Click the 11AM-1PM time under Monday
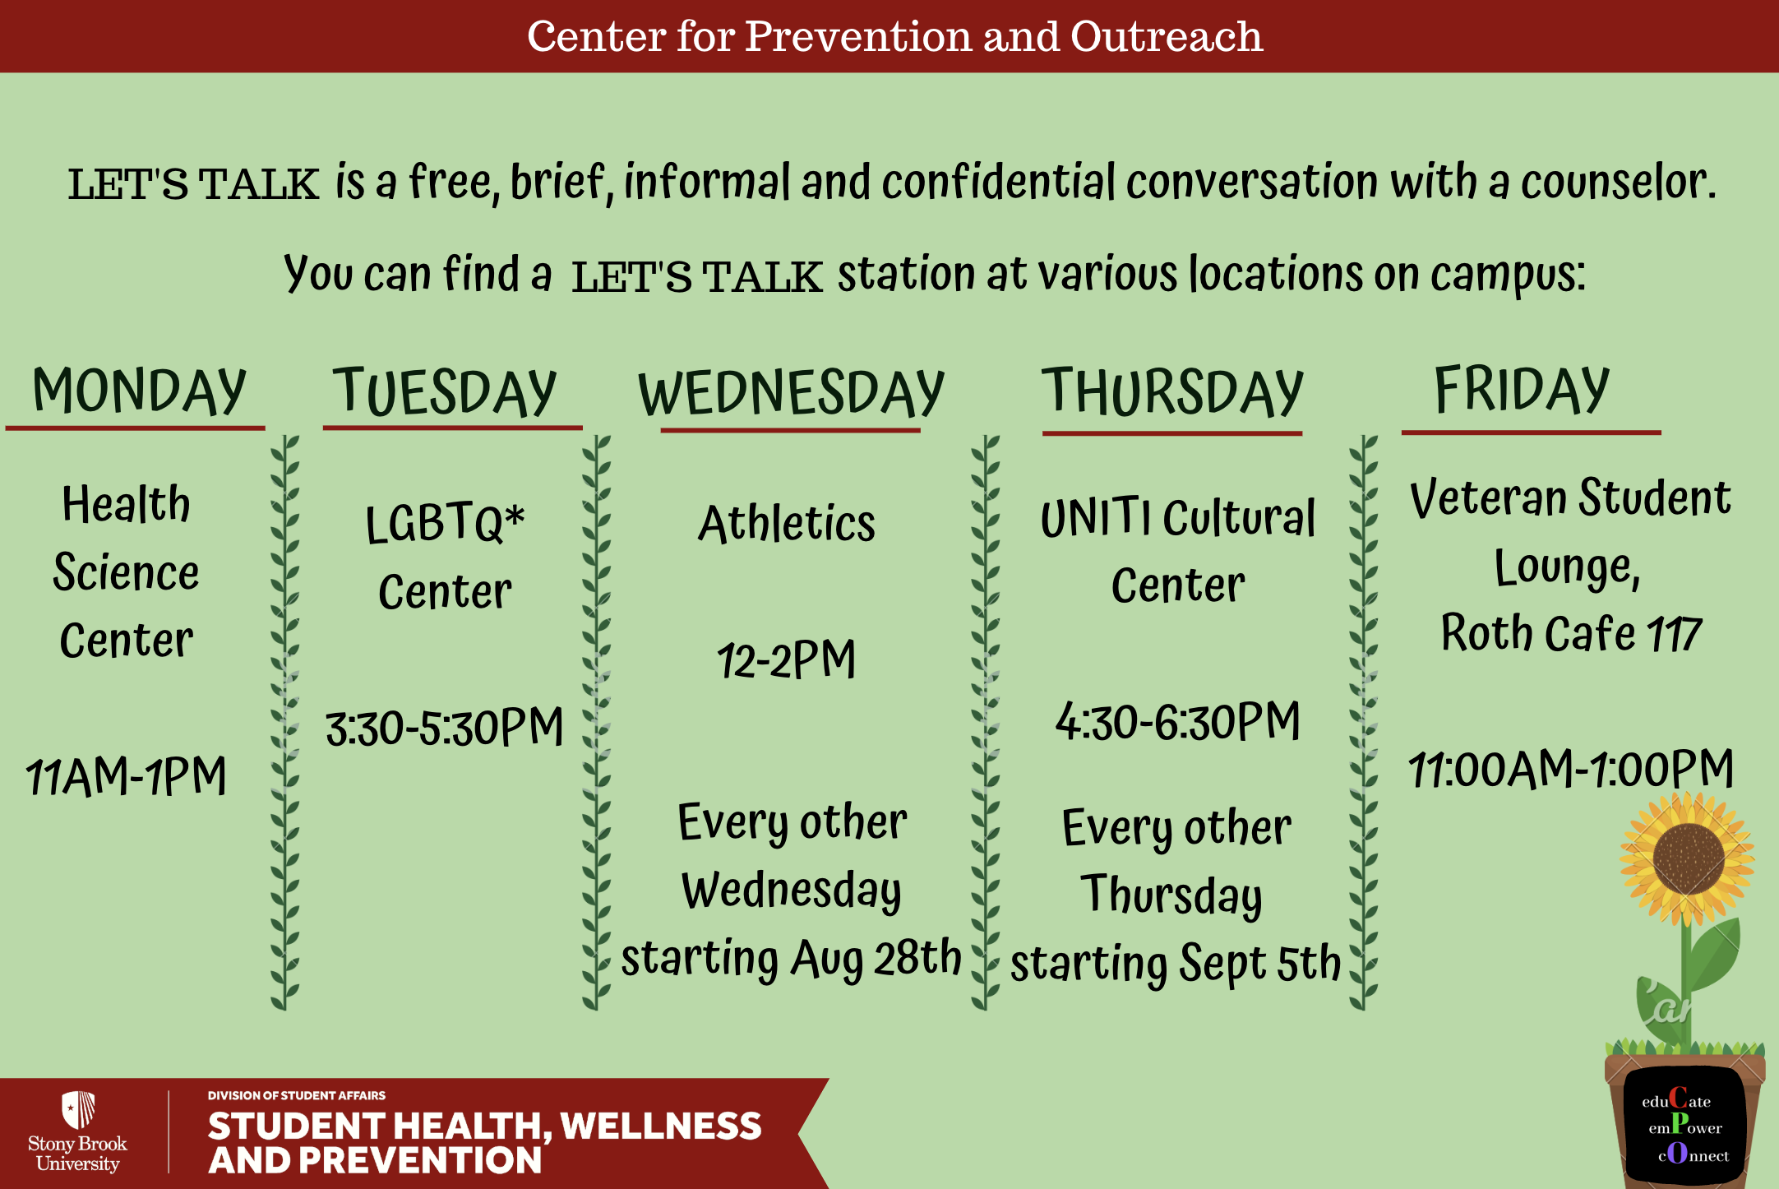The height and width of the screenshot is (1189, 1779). (x=126, y=775)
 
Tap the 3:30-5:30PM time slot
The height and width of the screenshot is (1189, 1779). (x=445, y=727)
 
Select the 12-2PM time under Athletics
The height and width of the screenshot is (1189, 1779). (x=787, y=659)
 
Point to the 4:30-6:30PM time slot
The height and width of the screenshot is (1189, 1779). (x=1178, y=721)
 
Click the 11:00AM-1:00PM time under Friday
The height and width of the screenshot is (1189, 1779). (x=1571, y=769)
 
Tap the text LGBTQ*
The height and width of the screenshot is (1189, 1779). (x=445, y=523)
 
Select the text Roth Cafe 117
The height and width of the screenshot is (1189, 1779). (x=1571, y=633)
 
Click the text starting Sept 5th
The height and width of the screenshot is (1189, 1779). (x=1176, y=964)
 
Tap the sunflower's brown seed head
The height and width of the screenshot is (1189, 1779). (x=1689, y=858)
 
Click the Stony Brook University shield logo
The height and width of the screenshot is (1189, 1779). (x=79, y=1110)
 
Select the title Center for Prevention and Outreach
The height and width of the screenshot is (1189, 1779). (x=894, y=36)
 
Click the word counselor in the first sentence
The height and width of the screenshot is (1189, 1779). (x=1618, y=182)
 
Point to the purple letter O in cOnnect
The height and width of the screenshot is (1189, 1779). (x=1677, y=1153)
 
